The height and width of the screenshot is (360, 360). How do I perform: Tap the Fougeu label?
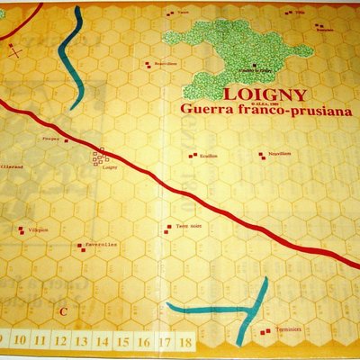[x=51, y=139]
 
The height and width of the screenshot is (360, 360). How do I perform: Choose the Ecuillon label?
[x=211, y=156]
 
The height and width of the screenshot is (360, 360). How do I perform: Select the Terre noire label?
[x=189, y=226]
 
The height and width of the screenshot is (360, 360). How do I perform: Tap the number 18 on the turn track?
[x=184, y=342]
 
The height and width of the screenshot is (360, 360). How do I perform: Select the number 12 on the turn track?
[x=60, y=342]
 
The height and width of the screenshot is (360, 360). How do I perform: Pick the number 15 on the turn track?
[x=122, y=342]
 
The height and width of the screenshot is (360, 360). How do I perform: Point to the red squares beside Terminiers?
[x=264, y=330]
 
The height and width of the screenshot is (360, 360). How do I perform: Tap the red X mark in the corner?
[x=14, y=51]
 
